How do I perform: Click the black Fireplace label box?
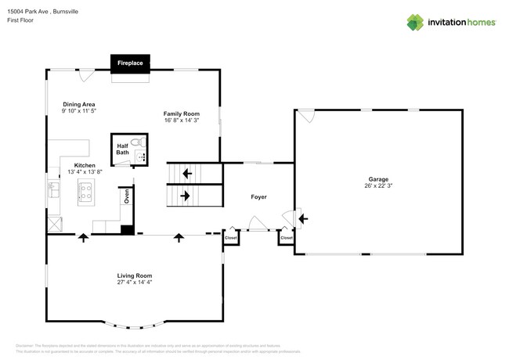point(129,62)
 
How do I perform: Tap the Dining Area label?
point(79,103)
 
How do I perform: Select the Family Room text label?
point(182,113)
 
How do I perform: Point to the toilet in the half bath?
point(137,142)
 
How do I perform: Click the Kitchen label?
point(85,165)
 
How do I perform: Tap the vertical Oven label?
point(126,196)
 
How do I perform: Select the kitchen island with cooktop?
point(86,191)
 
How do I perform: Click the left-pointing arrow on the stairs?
point(186,174)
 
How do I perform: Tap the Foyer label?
point(258,196)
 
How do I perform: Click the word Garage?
point(378,179)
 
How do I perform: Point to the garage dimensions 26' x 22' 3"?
point(378,186)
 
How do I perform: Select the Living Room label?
point(134,275)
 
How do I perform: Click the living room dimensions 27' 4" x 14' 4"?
point(134,283)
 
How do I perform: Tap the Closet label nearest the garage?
point(286,237)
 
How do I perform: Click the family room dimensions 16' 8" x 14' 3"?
point(182,121)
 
